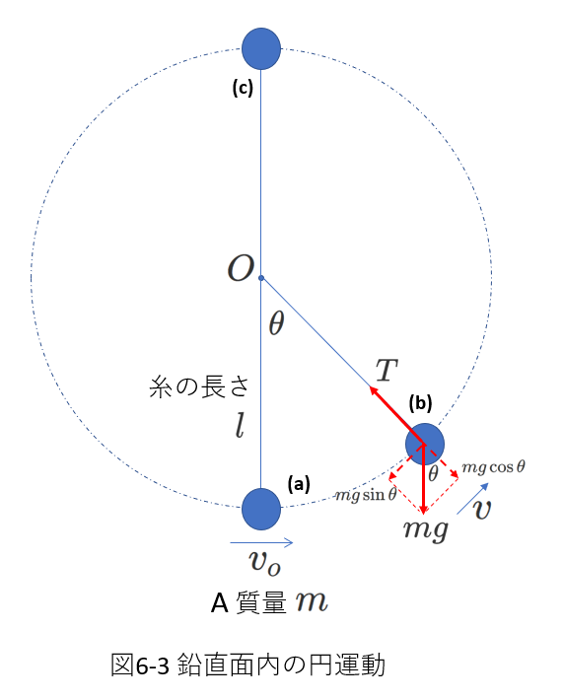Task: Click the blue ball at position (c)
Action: click(x=261, y=48)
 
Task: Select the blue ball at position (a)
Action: click(x=261, y=509)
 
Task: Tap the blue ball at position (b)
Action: click(x=425, y=445)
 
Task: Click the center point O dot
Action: click(x=261, y=278)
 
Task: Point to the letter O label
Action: click(x=242, y=269)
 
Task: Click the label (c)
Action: click(x=243, y=89)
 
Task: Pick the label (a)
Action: click(x=299, y=484)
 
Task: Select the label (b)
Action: click(x=420, y=402)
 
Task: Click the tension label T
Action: click(x=387, y=370)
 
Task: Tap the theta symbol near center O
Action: click(x=276, y=322)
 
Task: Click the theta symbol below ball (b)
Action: click(x=433, y=473)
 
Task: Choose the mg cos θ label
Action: click(x=493, y=467)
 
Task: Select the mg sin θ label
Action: click(x=366, y=495)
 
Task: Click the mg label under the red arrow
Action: click(x=426, y=530)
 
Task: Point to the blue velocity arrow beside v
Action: click(x=472, y=499)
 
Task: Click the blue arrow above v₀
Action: click(x=261, y=543)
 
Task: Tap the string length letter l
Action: click(x=241, y=426)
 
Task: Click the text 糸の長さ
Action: click(x=199, y=386)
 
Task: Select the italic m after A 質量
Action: click(x=312, y=601)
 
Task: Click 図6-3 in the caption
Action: click(x=140, y=665)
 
